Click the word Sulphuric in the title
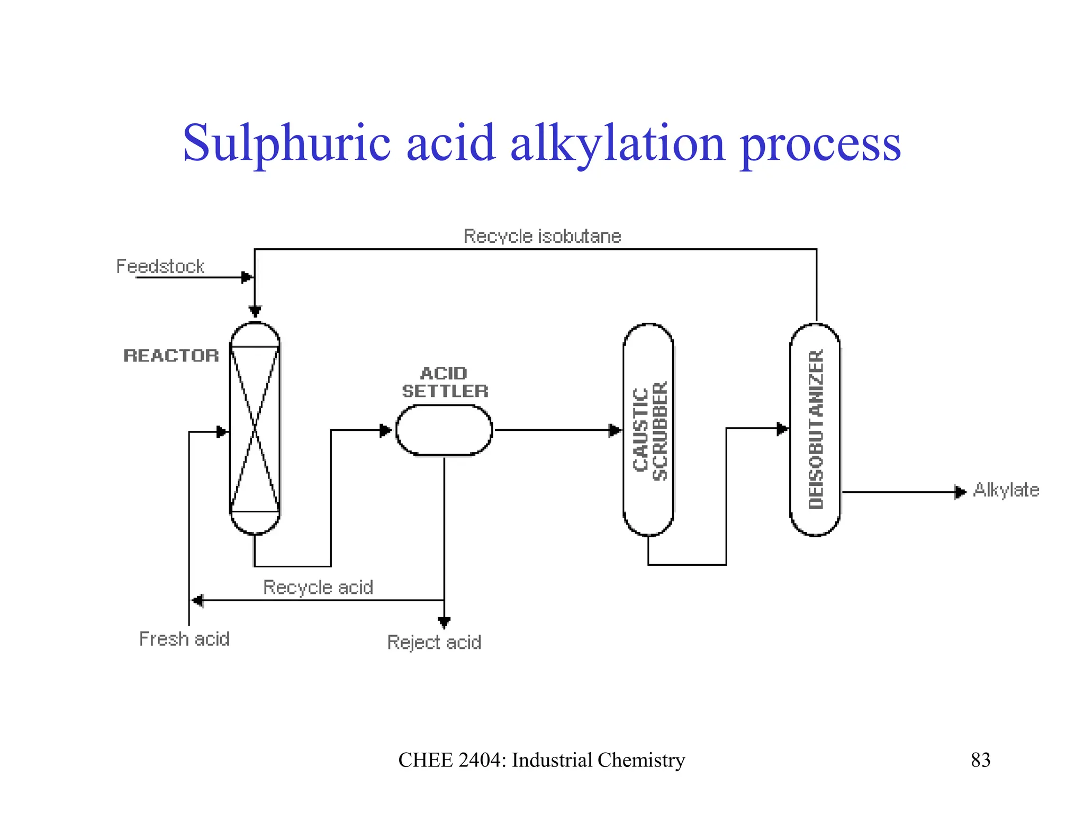(x=286, y=143)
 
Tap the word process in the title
(x=820, y=144)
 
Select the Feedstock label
(x=160, y=266)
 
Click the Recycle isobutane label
(x=542, y=236)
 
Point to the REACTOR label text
(x=171, y=356)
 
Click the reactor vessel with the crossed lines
(x=255, y=429)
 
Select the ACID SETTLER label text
(x=445, y=382)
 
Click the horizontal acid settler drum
(x=444, y=430)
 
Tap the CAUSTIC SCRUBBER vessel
(x=648, y=430)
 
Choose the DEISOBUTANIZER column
(x=815, y=430)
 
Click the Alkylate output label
(x=1006, y=490)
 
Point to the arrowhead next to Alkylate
(x=960, y=492)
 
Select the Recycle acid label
(x=318, y=587)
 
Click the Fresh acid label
(x=184, y=639)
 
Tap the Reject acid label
(x=434, y=642)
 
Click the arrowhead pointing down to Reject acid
(x=444, y=622)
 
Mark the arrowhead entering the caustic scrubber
(x=615, y=430)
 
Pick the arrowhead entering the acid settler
(x=386, y=430)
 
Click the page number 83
(x=980, y=760)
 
